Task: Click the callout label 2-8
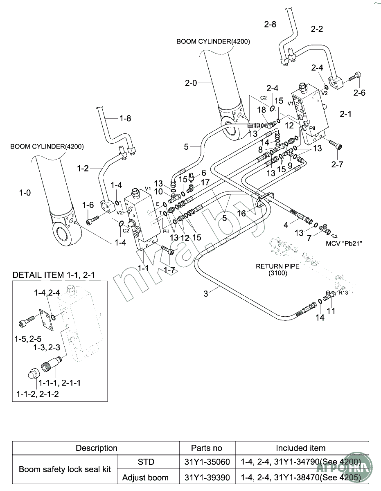click(x=270, y=24)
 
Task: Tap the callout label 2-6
click(x=359, y=93)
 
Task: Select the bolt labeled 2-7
click(x=338, y=146)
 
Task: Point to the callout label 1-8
click(x=125, y=118)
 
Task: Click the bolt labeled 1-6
click(x=91, y=221)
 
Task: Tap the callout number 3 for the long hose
click(x=206, y=293)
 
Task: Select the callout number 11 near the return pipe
click(x=331, y=311)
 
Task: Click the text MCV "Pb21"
click(x=344, y=243)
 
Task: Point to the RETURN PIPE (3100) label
click(x=277, y=270)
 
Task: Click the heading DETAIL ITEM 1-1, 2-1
click(x=54, y=275)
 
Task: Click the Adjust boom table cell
click(x=146, y=477)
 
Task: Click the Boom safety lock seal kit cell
click(x=65, y=469)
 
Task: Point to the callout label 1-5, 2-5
click(x=28, y=339)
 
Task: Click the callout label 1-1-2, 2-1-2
click(x=38, y=394)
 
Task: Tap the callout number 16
click(x=241, y=213)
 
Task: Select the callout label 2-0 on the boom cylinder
click(x=191, y=83)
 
